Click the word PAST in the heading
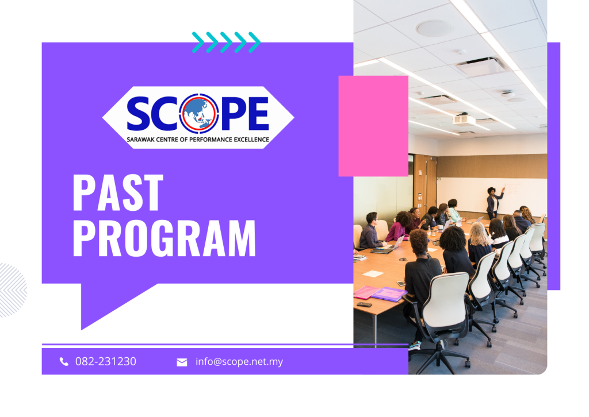(118, 192)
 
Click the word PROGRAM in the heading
(164, 238)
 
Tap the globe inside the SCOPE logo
(199, 113)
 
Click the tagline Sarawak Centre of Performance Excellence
(198, 140)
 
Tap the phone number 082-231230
(106, 361)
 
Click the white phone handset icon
(64, 361)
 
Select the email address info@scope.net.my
(239, 361)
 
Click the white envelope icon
(182, 362)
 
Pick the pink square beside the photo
(373, 126)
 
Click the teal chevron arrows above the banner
(226, 43)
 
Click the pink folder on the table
(366, 292)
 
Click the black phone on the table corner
(364, 304)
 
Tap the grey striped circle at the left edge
(13, 290)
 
